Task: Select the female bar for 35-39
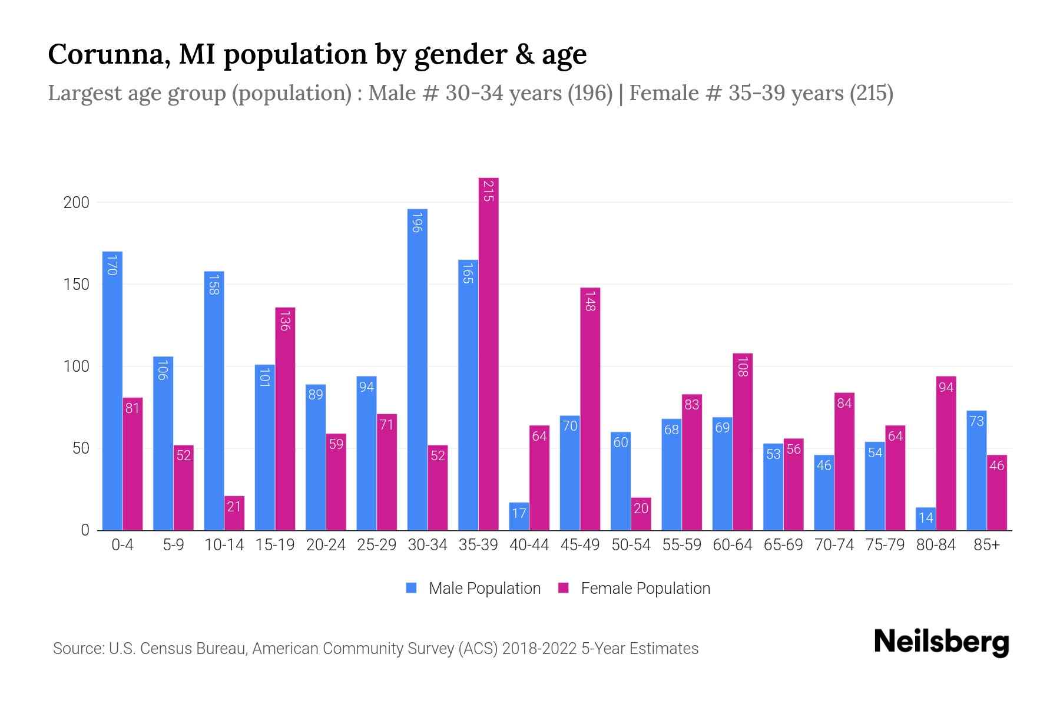(488, 353)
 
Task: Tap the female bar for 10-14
(234, 513)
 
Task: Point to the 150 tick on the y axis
(76, 285)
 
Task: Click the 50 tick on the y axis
(81, 448)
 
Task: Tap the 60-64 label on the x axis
(732, 545)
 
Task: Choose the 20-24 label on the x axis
(326, 545)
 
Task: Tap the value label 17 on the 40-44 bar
(519, 513)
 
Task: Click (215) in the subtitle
(871, 93)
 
